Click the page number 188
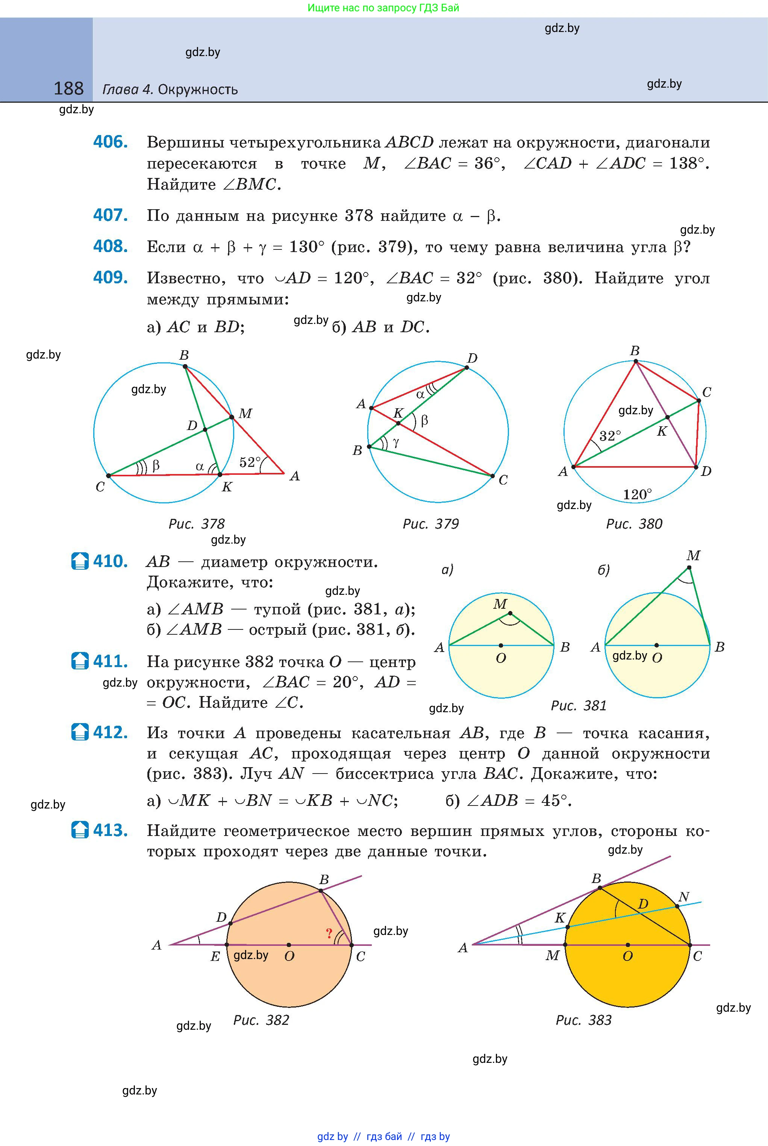tap(68, 89)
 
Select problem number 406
tap(111, 142)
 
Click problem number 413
tap(111, 830)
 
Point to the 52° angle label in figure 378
tap(250, 462)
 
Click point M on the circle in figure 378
tap(232, 418)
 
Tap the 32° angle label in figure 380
tap(610, 436)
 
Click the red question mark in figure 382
tap(329, 934)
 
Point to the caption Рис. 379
tap(430, 524)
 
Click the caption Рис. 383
tap(583, 1020)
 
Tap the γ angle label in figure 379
tap(396, 442)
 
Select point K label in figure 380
tap(662, 431)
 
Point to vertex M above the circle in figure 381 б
tap(689, 568)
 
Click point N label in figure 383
tap(684, 897)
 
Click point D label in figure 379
tap(472, 358)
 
